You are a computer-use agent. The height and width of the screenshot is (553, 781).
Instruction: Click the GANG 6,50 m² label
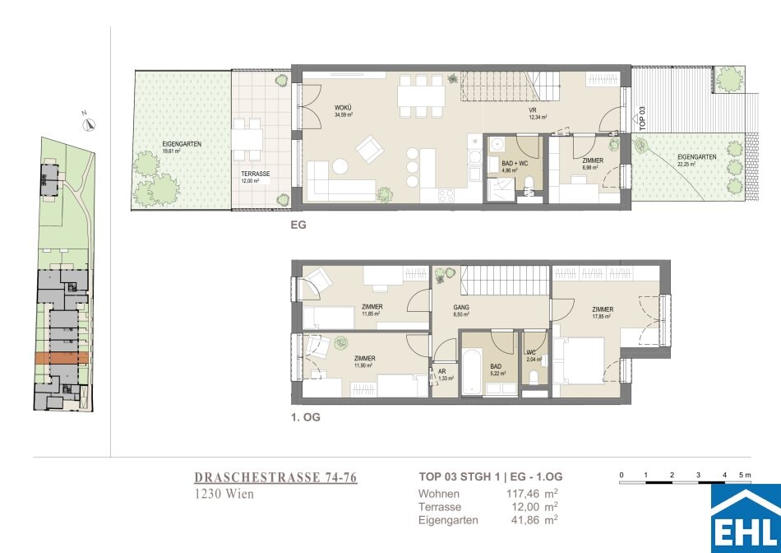[x=460, y=310]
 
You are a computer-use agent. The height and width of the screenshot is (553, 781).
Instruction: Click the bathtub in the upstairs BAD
[x=472, y=374]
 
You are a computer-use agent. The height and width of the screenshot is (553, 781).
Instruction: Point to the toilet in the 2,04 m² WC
[x=535, y=376]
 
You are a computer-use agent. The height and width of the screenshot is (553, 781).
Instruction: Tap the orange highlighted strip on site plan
[x=61, y=358]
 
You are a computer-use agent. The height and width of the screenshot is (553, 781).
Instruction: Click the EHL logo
[x=745, y=518]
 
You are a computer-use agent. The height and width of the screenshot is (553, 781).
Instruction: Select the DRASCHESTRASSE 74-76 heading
[x=275, y=477]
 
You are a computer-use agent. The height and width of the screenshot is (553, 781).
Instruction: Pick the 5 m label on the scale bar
[x=745, y=476]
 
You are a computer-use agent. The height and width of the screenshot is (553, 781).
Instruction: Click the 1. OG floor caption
[x=305, y=417]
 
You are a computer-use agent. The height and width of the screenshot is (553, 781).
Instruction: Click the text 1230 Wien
[x=224, y=495]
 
